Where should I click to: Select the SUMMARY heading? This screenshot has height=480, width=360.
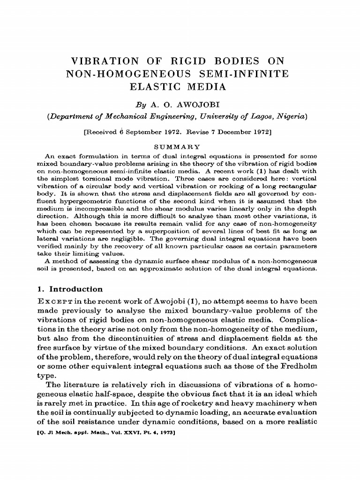180,147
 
